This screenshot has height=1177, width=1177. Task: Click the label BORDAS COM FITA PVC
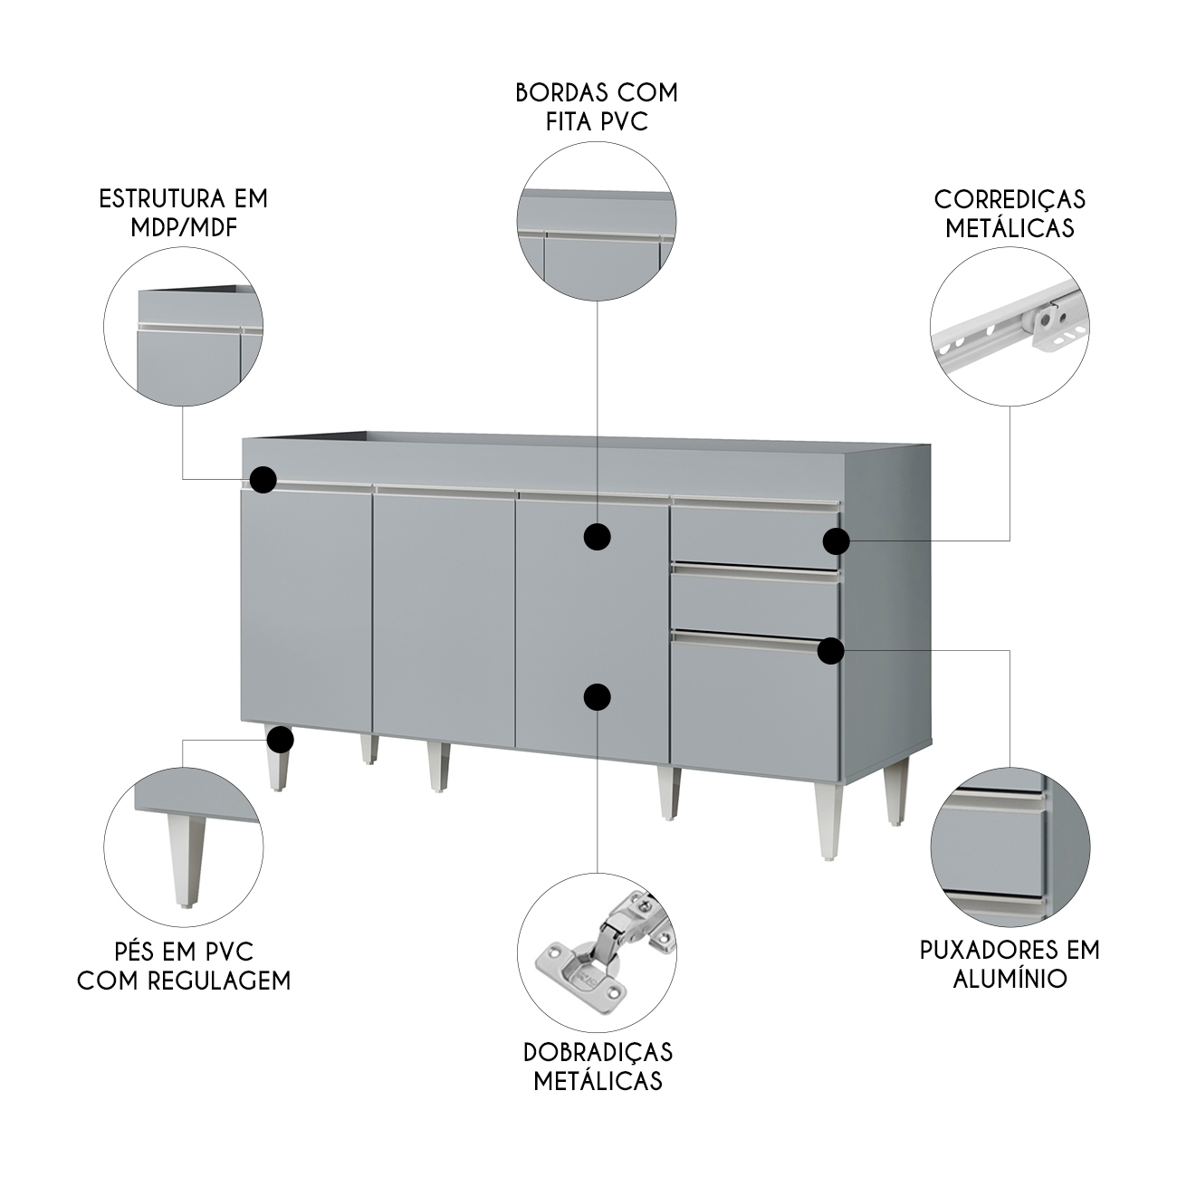[x=597, y=107]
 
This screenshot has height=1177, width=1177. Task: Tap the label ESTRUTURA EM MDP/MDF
[x=183, y=213]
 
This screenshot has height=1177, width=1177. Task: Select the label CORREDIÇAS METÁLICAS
[x=1010, y=213]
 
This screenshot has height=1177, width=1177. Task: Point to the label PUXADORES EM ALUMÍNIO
[x=1010, y=963]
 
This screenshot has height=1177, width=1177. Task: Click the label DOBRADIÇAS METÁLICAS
[x=598, y=1066]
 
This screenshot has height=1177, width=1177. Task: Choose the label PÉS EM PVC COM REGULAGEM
[x=184, y=966]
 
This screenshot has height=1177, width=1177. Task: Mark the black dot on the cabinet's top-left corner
[x=263, y=480]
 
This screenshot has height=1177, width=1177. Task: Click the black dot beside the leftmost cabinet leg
[x=281, y=740]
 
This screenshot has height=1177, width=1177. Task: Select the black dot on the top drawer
[x=837, y=541]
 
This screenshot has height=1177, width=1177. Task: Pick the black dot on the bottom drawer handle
[x=831, y=650]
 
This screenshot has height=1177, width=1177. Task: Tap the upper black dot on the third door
[x=597, y=537]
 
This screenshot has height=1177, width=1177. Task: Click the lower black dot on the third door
[x=597, y=696]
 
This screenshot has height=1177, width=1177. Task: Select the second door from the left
[x=444, y=616]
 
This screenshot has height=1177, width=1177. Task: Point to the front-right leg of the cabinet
[x=828, y=817]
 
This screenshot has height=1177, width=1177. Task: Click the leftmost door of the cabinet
[x=306, y=616]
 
